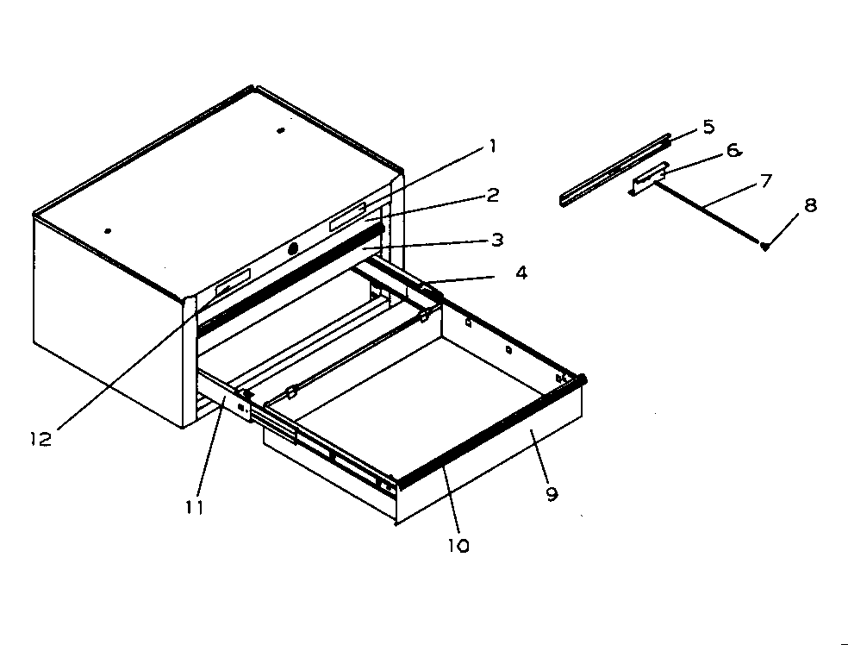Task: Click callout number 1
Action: [491, 147]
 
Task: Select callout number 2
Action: [492, 195]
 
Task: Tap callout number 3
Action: [496, 240]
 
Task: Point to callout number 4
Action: [521, 273]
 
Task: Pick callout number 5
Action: [708, 127]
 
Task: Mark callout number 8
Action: [810, 206]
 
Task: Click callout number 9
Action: [552, 494]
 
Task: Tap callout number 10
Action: [458, 546]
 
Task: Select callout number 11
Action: [195, 506]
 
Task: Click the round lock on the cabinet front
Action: [293, 248]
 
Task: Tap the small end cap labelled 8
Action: [765, 247]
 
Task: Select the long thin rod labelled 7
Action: [707, 211]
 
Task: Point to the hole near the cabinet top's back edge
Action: [280, 130]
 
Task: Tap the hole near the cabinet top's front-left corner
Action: [108, 230]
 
